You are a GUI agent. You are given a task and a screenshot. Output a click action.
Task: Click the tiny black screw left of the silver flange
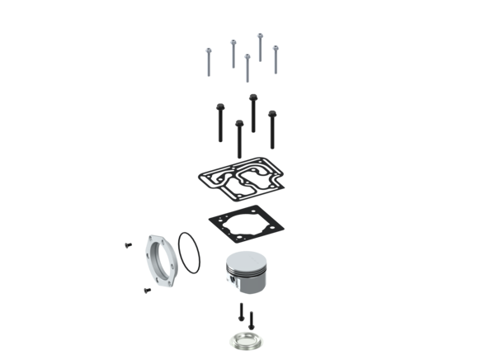pos(127,244)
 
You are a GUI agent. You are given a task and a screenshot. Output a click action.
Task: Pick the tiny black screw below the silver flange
pos(145,289)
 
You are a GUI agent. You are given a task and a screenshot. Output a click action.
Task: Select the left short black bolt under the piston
pos(240,311)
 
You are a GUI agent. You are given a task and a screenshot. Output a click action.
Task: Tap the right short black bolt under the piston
pos(249,317)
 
